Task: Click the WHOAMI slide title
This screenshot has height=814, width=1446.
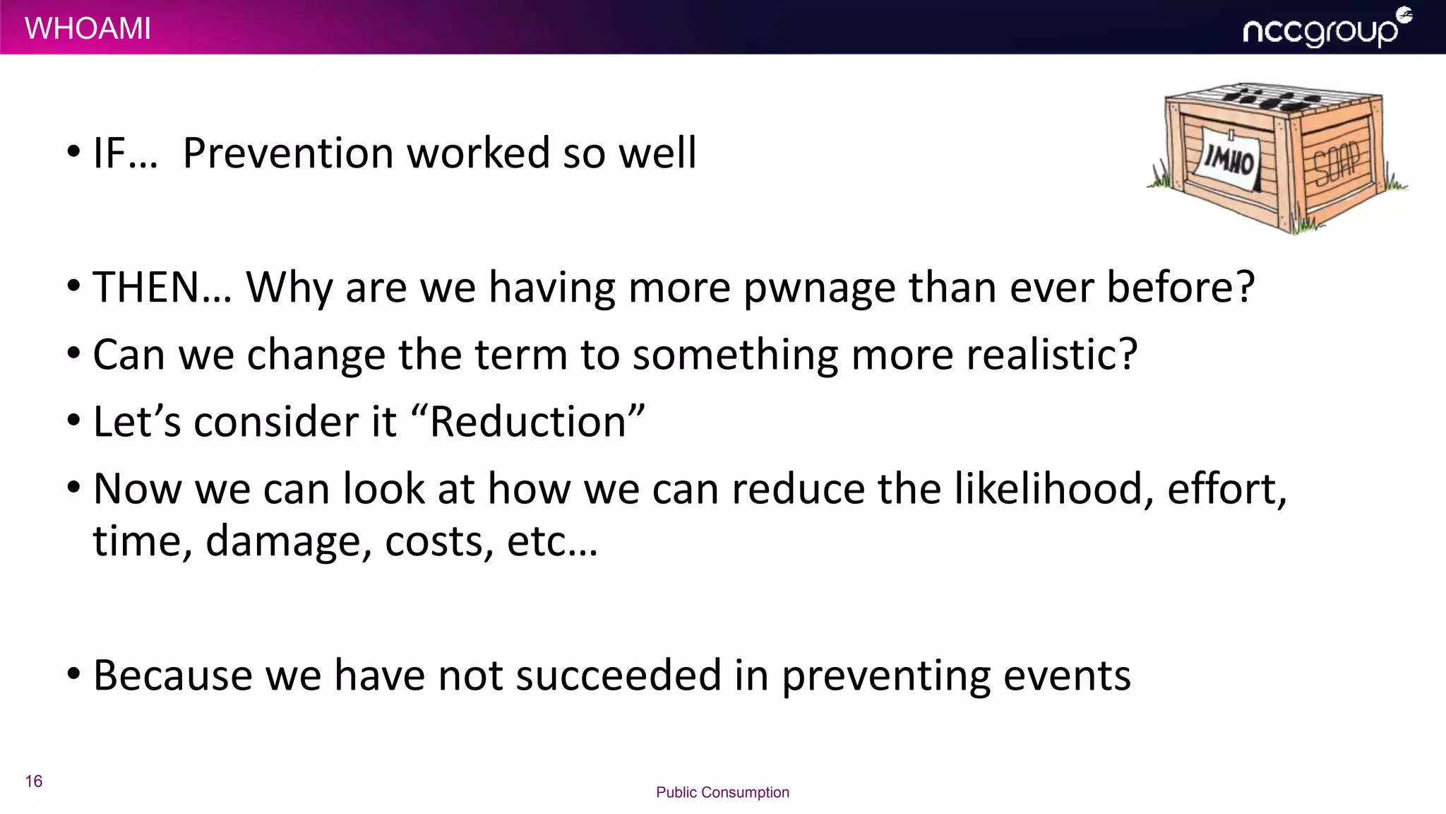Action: tap(88, 28)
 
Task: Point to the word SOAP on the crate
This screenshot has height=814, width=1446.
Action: tap(1336, 163)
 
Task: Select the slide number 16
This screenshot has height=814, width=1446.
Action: tap(34, 781)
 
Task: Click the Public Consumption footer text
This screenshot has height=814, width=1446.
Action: tap(722, 792)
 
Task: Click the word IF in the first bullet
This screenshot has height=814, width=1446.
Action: tap(109, 153)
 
